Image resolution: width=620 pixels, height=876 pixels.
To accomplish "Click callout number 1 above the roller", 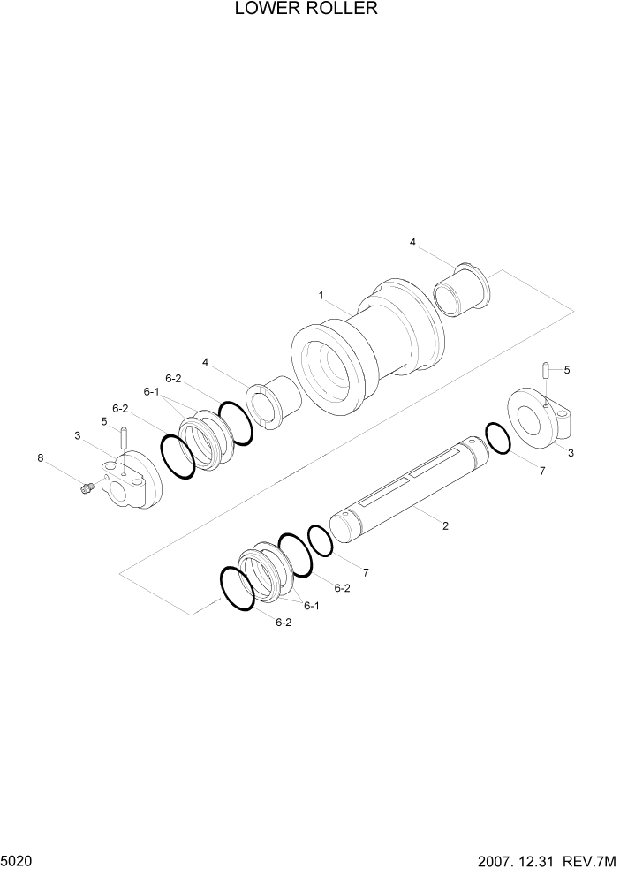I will pos(321,295).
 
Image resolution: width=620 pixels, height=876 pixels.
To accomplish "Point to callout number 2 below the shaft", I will pos(445,526).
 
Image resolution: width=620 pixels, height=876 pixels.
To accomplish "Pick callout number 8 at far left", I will pos(40,457).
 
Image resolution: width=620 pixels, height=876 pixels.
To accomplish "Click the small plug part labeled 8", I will pos(86,488).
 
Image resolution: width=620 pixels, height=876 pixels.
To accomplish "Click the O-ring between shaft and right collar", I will pos(497,439).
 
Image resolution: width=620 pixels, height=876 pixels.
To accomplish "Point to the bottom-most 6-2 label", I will pos(284,622).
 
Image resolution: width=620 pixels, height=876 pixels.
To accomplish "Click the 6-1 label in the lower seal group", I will pos(310,606).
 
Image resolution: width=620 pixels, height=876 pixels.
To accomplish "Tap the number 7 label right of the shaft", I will pos(542,471).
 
